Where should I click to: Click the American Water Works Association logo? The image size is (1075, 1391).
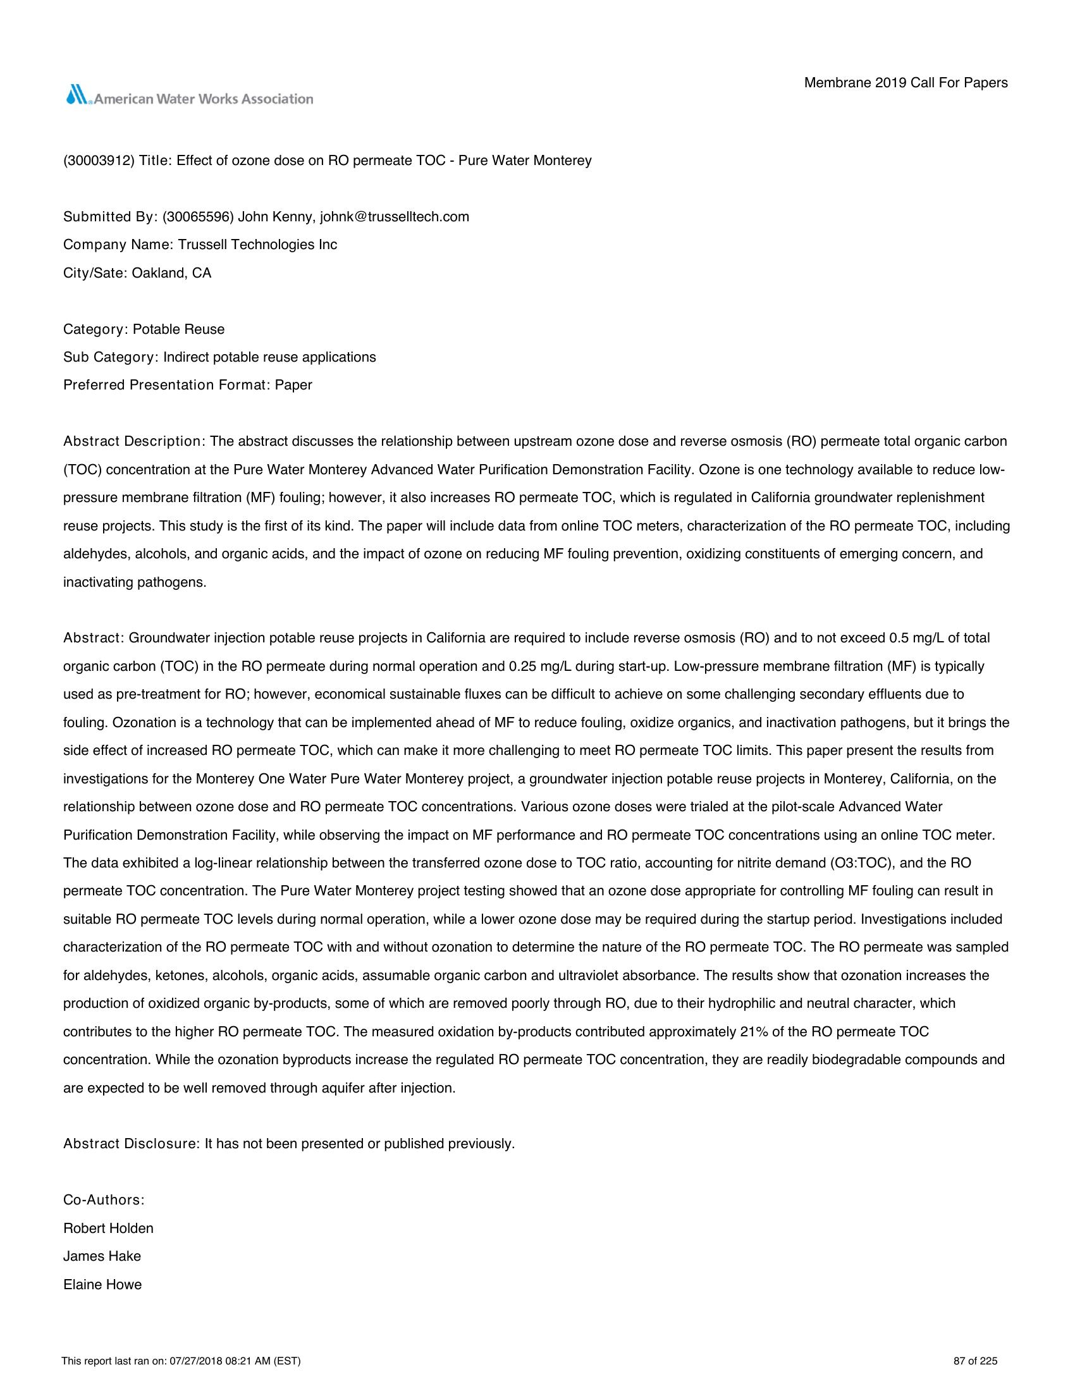(x=188, y=97)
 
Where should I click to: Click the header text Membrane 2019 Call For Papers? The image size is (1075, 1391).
(x=906, y=83)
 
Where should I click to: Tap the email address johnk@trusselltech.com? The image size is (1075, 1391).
(x=394, y=216)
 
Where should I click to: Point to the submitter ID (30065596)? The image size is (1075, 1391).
(x=198, y=216)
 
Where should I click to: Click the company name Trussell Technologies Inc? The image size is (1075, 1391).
(x=257, y=245)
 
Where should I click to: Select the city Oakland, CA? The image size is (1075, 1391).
(x=171, y=273)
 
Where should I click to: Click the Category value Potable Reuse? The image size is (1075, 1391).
(x=178, y=329)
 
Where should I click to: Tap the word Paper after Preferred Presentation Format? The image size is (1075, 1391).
(x=293, y=385)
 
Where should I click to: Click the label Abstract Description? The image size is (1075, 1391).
(x=132, y=441)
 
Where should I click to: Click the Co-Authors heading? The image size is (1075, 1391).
(x=104, y=1200)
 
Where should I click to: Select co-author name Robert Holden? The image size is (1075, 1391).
(x=108, y=1228)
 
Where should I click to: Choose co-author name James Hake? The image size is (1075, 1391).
(x=102, y=1256)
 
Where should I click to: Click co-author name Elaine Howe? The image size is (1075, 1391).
(x=102, y=1285)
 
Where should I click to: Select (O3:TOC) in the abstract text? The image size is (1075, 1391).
(x=865, y=863)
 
